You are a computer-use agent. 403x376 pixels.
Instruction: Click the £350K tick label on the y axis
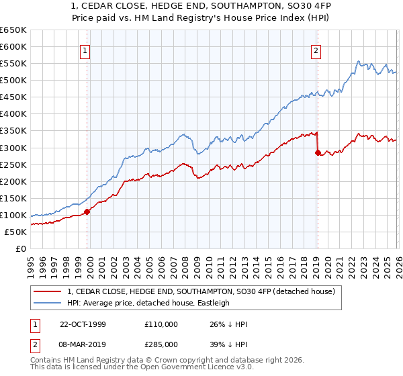13,131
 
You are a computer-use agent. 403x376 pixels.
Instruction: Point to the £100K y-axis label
13,215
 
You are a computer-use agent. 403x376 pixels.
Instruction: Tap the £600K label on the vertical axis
13,46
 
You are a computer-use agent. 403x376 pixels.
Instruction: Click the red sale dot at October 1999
87,211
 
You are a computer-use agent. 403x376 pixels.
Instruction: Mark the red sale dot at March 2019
317,152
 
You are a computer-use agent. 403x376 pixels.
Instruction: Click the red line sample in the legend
48,291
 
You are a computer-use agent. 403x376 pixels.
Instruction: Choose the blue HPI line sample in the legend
48,303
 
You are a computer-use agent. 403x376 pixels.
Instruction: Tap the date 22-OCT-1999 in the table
83,325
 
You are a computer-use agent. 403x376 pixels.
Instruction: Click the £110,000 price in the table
161,325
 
